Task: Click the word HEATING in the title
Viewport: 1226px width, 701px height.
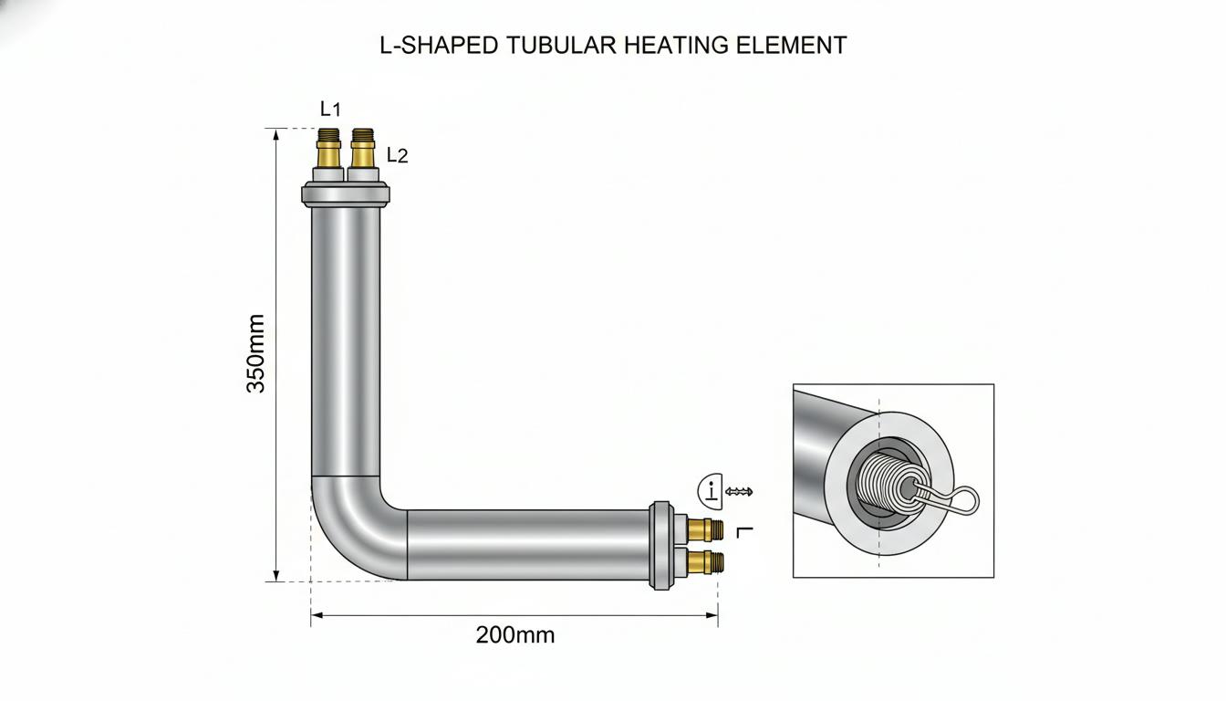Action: pos(677,45)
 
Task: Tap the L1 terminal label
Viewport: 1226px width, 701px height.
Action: pos(330,110)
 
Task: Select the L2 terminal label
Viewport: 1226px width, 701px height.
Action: pos(398,155)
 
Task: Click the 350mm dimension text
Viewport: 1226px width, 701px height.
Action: pos(255,354)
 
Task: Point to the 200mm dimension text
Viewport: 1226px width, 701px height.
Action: pos(515,635)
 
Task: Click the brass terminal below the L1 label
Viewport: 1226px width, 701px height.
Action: pos(328,148)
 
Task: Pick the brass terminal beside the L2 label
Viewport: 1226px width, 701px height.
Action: pos(362,148)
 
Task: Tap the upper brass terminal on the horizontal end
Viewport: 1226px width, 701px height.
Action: pos(705,530)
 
